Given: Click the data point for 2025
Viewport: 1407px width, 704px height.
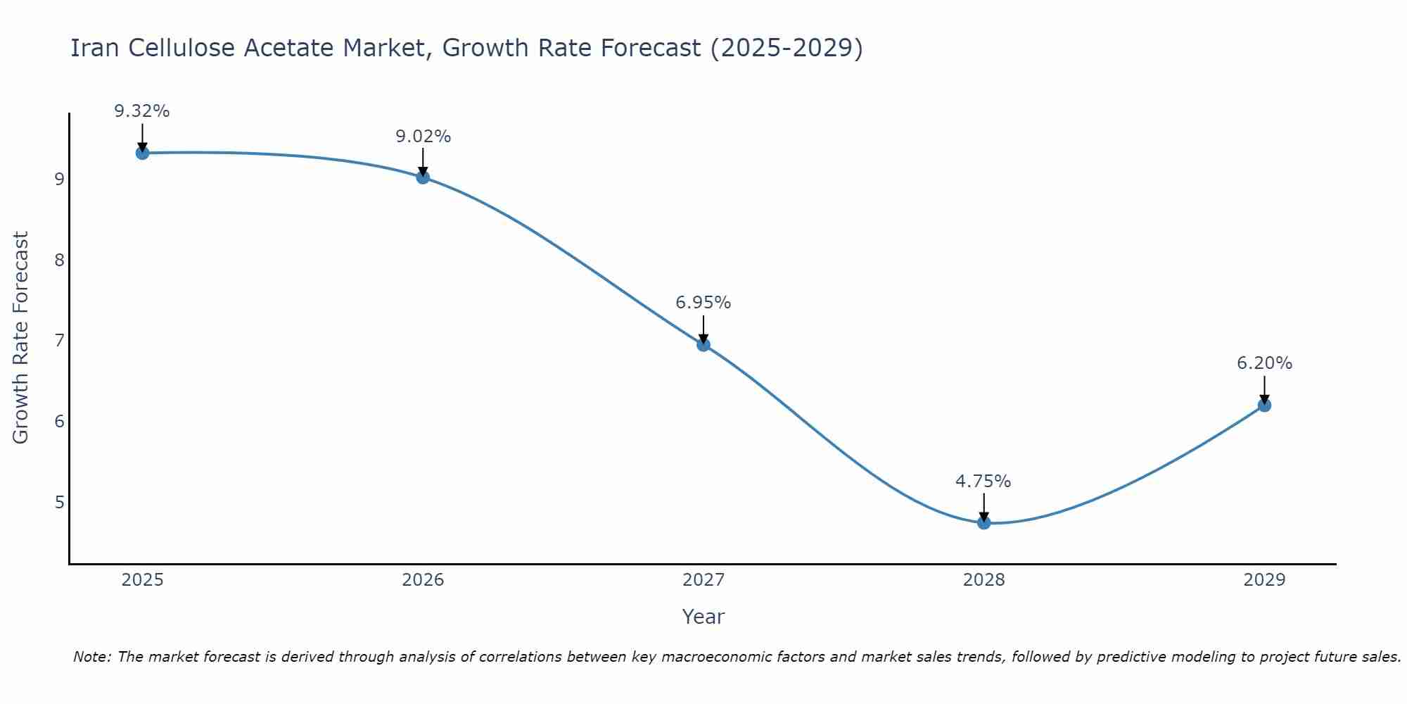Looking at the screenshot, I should (142, 153).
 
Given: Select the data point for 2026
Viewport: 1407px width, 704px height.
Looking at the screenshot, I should (423, 177).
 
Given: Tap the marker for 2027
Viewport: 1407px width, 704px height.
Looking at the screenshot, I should (703, 344).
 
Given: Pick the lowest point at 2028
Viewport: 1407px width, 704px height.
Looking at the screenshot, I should (983, 522).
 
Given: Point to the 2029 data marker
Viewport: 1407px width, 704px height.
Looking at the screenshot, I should (1264, 405).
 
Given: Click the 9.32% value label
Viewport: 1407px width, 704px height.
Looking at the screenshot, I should (142, 111).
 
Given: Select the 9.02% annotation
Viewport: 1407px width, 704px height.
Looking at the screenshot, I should (423, 137).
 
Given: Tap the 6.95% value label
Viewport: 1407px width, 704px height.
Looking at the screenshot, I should (703, 303).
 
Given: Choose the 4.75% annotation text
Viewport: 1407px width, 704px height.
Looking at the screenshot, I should (983, 482).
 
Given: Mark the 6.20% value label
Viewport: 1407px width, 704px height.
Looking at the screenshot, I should (1264, 363).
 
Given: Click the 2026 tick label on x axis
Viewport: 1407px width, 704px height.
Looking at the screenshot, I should (423, 580).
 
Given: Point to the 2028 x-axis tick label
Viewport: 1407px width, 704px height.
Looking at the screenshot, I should (983, 580).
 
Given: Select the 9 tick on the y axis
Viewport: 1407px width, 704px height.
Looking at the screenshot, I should (59, 179).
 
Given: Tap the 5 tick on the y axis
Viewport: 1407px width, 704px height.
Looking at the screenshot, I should (59, 503).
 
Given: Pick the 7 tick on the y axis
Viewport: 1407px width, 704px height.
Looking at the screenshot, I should (59, 341).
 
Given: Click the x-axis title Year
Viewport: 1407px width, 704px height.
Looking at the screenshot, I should (703, 617).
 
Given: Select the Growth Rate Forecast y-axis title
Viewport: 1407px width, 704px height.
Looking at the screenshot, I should (21, 338).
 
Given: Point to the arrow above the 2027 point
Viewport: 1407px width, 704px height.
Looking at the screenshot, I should (703, 328).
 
